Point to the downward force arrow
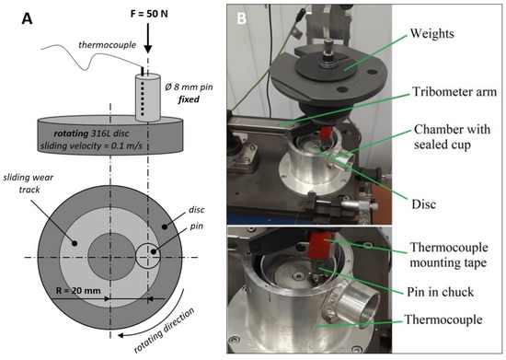[x=147, y=41]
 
